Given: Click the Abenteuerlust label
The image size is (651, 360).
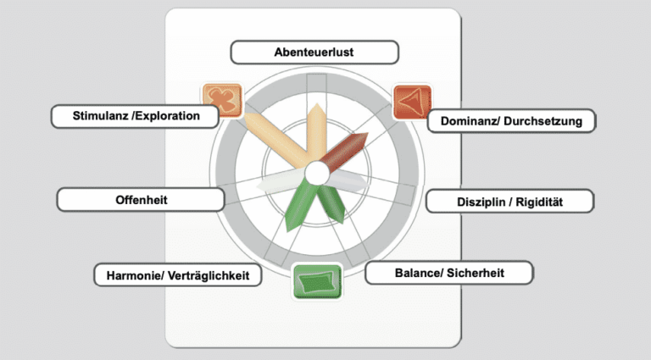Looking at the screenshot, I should coord(314,53).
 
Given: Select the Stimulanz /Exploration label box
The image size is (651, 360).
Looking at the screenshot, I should coord(136,116).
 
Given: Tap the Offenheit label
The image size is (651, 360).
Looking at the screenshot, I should coord(140,200).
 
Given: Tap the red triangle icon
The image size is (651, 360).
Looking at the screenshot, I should coord(412,102).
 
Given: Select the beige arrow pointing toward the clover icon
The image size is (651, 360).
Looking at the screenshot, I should coord(275,140).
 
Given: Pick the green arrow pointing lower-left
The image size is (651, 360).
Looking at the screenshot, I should coord(299,202).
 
